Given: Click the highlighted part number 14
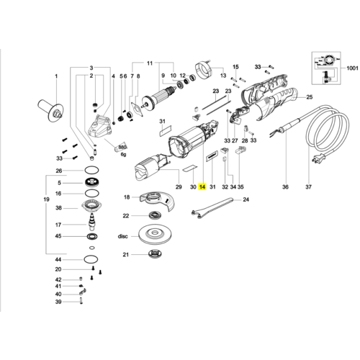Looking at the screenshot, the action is click(202, 186).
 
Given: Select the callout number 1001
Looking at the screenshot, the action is click(352, 68).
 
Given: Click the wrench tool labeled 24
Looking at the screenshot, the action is click(212, 207).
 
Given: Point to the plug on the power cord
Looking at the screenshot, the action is click(319, 158).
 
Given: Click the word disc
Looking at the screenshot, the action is click(122, 236).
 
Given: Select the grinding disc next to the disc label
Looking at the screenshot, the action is click(156, 234).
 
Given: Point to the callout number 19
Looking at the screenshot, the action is click(47, 199).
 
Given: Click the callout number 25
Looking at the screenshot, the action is click(310, 97).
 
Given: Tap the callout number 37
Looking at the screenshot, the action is click(308, 186).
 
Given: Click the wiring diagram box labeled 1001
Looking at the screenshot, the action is click(326, 68).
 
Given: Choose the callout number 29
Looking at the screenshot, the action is click(179, 186).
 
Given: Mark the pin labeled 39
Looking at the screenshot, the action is click(81, 301).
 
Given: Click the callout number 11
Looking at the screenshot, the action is click(150, 63).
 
